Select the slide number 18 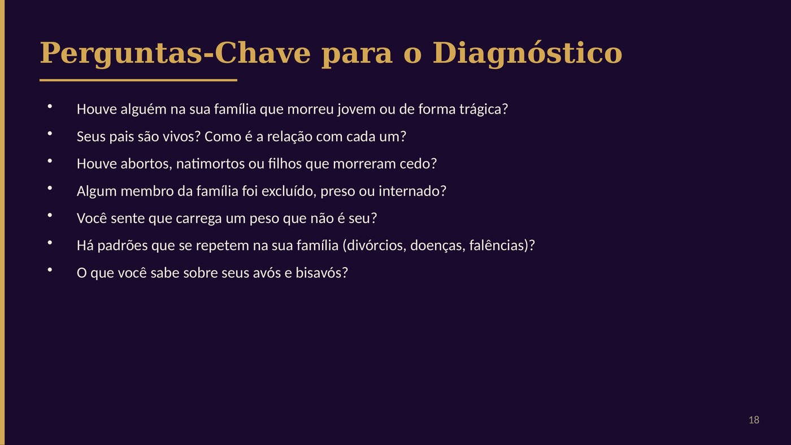point(754,420)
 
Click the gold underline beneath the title point(138,80)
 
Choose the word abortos point(146,164)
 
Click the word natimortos point(210,164)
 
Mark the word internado point(412,191)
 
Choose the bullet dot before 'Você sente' point(50,215)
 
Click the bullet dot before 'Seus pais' point(50,134)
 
